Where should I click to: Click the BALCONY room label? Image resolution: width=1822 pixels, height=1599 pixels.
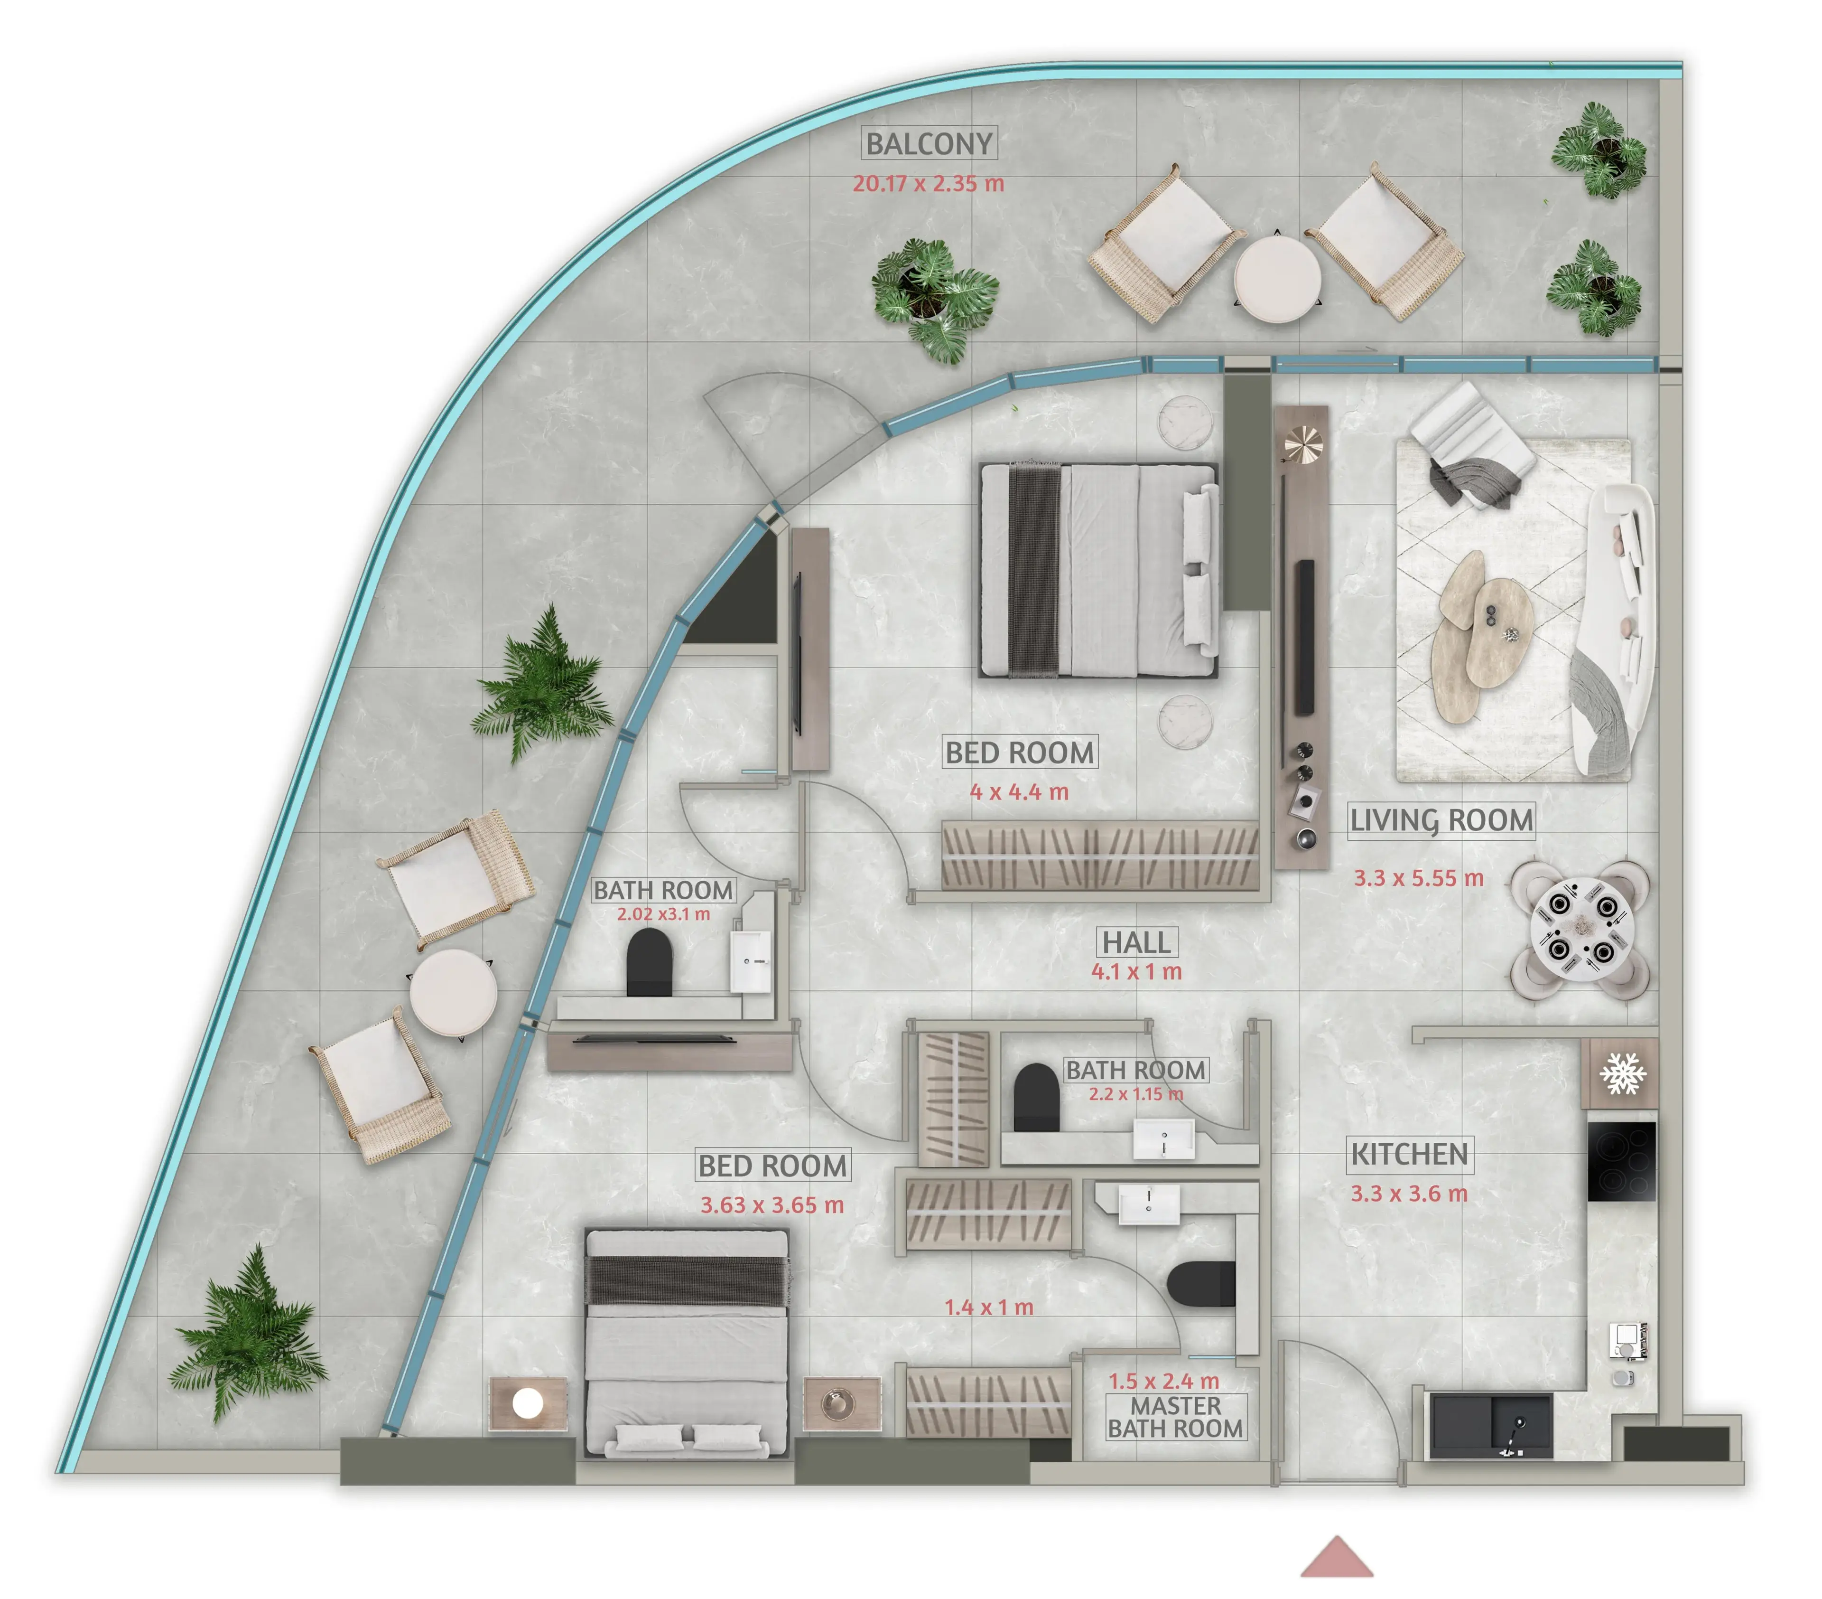[929, 143]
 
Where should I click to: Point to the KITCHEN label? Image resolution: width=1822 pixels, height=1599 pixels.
[1409, 1155]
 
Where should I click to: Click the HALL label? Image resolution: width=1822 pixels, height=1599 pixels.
[1136, 942]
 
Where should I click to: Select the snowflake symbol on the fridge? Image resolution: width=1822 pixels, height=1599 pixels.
[1622, 1073]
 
